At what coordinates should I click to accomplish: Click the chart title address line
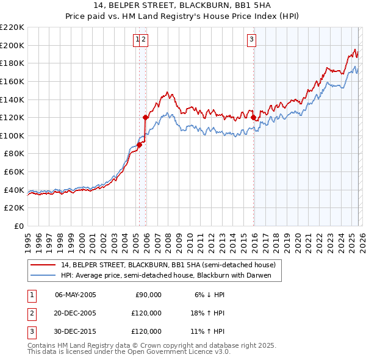183,5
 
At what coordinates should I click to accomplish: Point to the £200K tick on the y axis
13,45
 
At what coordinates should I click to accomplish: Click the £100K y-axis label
13,135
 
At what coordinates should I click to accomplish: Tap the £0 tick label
20,226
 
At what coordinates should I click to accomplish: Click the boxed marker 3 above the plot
251,40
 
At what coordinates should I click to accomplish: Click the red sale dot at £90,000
139,145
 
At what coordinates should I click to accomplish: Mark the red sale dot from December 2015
253,118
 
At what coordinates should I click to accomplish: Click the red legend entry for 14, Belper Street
168,265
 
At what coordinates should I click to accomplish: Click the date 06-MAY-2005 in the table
76,295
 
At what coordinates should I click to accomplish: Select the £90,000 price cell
148,295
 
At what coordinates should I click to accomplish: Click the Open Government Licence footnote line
129,352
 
